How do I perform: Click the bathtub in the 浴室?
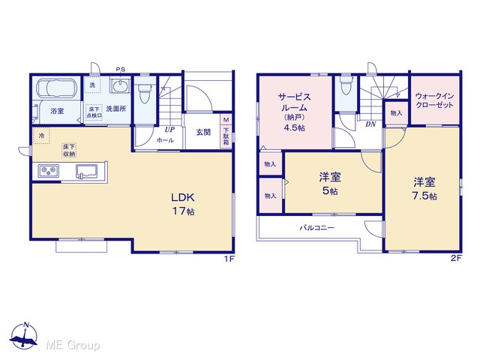57,88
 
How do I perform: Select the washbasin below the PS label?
120,85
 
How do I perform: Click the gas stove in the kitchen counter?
48,170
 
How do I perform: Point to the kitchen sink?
87,171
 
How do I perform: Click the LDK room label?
183,197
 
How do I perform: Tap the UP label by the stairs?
169,130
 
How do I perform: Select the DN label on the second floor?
370,124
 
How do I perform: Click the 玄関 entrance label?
203,132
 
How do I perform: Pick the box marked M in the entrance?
226,119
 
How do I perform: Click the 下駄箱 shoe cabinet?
226,136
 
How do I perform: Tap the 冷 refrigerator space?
41,136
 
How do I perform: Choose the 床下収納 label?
69,150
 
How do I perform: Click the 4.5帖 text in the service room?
294,127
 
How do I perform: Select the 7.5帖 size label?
424,196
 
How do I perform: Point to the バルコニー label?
316,228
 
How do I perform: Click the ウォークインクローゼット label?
434,100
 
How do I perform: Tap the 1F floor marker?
229,259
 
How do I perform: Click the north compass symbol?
24,335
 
